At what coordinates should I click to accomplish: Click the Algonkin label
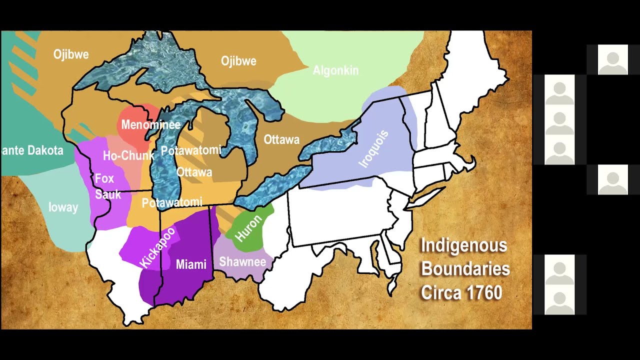coord(335,70)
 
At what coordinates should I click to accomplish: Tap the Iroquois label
coord(373,148)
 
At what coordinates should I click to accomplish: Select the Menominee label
coord(150,125)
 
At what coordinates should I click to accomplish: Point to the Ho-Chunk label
coord(128,155)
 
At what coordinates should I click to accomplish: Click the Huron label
coord(248,227)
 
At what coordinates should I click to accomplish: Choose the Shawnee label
coord(242,261)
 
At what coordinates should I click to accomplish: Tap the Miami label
coord(191,264)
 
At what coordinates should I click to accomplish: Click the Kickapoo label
coord(157,247)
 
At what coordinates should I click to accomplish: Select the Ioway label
coord(63,207)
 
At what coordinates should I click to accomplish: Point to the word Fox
coord(104,178)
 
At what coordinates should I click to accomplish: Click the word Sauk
coord(108,194)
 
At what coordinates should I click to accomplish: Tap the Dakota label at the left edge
coord(32,150)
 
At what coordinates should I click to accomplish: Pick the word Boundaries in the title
coord(465,269)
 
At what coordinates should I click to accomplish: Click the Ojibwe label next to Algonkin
coord(238,61)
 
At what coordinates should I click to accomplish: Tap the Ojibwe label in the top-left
coord(71,54)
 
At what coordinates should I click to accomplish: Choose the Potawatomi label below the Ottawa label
coord(172,202)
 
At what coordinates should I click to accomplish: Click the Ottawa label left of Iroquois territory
coord(281,140)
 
